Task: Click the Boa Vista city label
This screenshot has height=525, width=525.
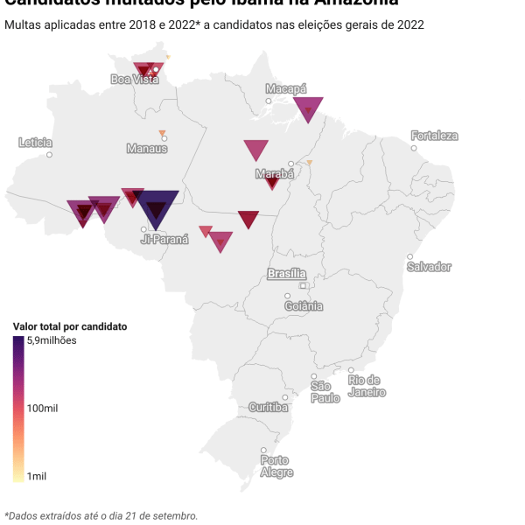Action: (135, 80)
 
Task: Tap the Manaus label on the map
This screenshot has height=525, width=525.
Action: (146, 149)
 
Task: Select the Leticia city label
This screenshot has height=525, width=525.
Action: (36, 143)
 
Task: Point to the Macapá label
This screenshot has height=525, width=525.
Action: (286, 89)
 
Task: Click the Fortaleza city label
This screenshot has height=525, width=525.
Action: (435, 136)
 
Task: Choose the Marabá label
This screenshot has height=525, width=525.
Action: (274, 174)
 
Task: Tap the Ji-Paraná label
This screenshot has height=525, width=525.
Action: (164, 238)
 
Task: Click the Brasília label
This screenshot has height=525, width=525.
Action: (287, 274)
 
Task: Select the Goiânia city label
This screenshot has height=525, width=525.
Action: (304, 306)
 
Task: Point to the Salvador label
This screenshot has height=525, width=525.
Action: (430, 266)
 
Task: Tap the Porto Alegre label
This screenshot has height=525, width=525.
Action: (275, 466)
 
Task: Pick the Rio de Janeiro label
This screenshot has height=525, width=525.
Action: (367, 386)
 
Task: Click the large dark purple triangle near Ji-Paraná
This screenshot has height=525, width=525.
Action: (157, 207)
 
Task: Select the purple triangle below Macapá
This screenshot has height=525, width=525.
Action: (308, 108)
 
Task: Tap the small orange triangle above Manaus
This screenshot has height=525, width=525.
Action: (162, 133)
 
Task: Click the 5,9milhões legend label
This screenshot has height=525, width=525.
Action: (52, 340)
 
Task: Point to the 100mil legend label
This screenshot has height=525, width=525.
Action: (42, 409)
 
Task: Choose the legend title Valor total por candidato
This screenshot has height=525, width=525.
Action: (70, 326)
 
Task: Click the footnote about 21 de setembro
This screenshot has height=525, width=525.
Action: (101, 515)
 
